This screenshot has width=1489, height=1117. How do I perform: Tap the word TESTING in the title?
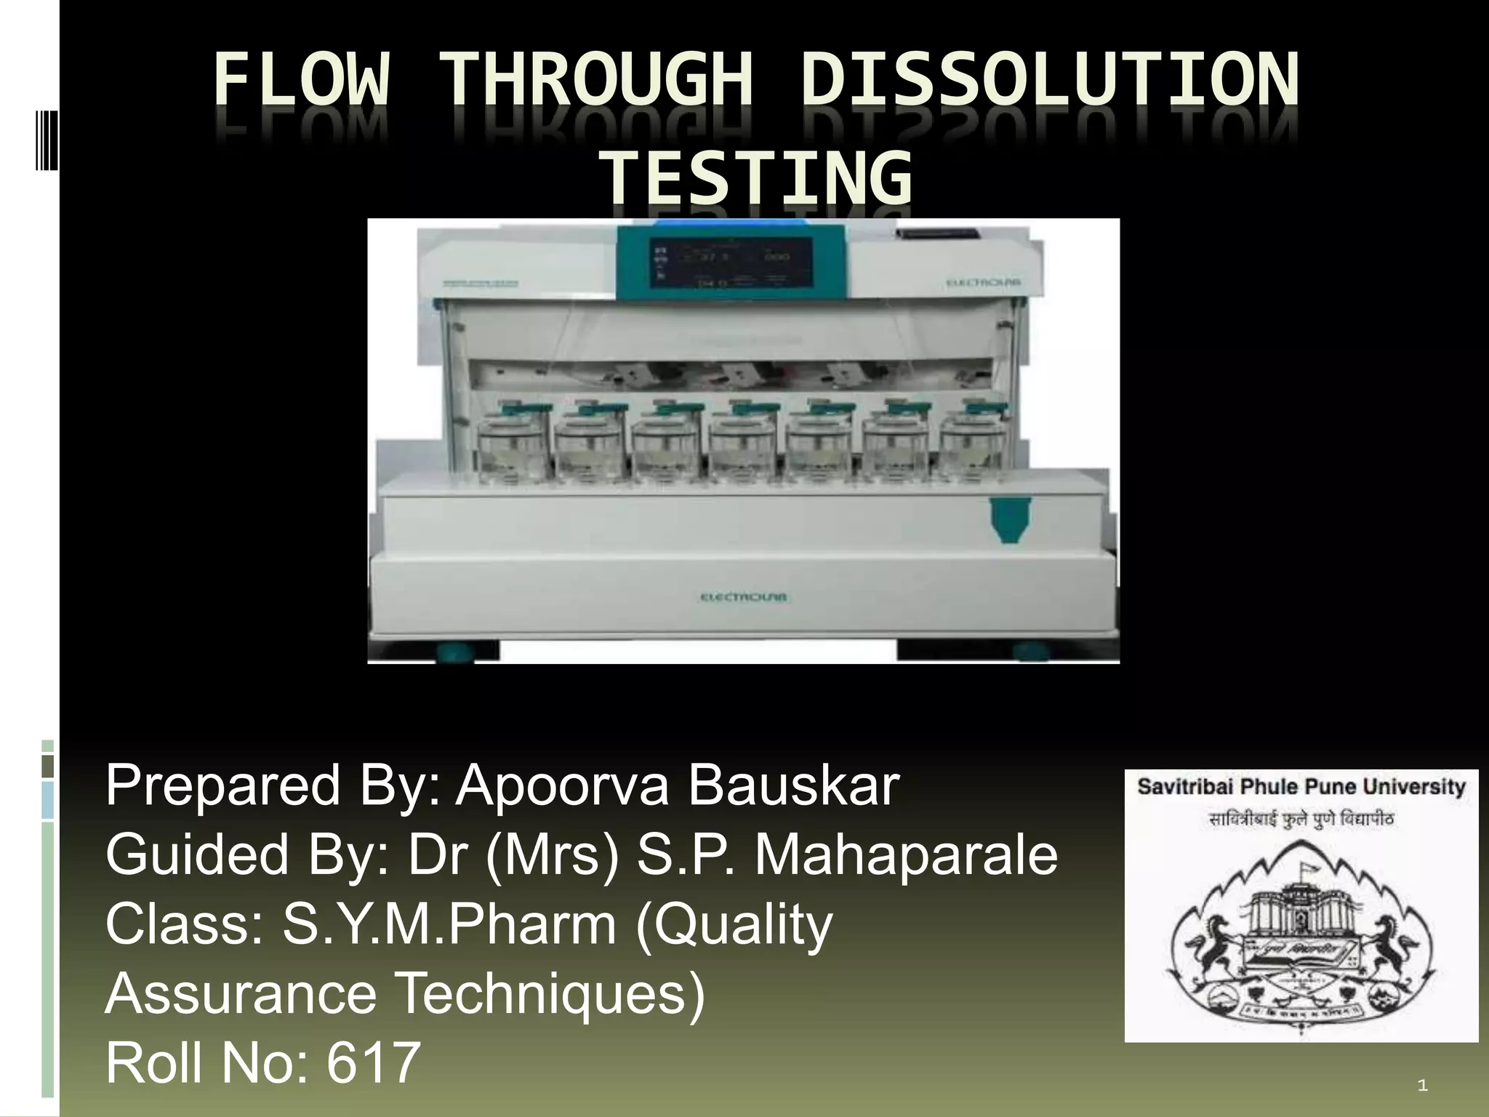(759, 177)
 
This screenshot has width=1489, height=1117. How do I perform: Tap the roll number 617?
(373, 1062)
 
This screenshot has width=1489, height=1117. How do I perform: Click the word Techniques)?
(550, 993)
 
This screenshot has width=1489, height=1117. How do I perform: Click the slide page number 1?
(1423, 1086)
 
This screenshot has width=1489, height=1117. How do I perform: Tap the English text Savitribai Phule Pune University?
(1301, 787)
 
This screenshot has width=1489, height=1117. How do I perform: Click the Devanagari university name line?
(1301, 820)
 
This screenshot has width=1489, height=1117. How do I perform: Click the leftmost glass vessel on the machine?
(514, 444)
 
